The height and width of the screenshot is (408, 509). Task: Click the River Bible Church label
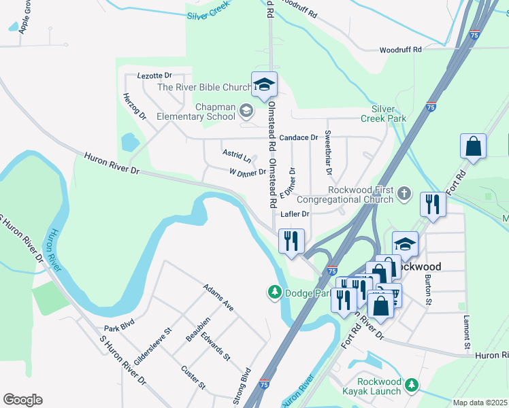pyautogui.click(x=204, y=87)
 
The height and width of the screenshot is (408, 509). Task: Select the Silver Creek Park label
pyautogui.click(x=389, y=114)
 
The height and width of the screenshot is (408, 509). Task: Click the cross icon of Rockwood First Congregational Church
pyautogui.click(x=404, y=194)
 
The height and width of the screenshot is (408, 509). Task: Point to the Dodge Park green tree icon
pyautogui.click(x=274, y=292)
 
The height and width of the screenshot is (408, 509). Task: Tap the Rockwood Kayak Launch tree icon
pyautogui.click(x=411, y=386)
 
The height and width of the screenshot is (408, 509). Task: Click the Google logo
pyautogui.click(x=22, y=400)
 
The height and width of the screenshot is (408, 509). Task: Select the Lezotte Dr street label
pyautogui.click(x=154, y=75)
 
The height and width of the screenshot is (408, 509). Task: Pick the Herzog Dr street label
pyautogui.click(x=135, y=106)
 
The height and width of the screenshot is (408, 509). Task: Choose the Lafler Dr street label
pyautogui.click(x=295, y=214)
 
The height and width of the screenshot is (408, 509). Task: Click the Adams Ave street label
pyautogui.click(x=218, y=298)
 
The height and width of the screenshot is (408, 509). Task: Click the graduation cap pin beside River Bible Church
pyautogui.click(x=264, y=85)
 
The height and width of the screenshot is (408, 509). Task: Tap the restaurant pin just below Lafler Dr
pyautogui.click(x=291, y=241)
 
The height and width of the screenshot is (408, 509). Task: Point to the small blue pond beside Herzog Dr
pyautogui.click(x=128, y=142)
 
